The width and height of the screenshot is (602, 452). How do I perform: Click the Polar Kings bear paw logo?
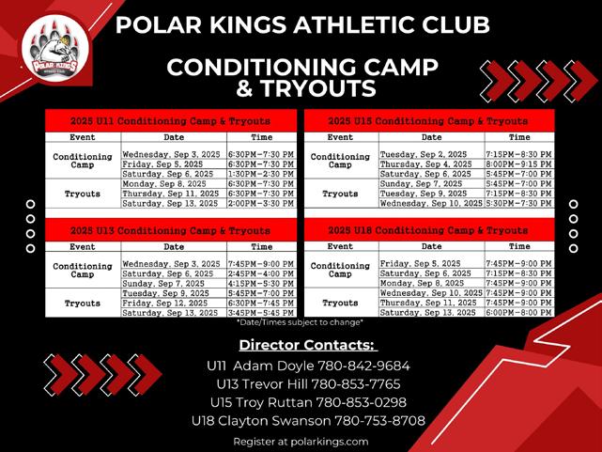coord(55,49)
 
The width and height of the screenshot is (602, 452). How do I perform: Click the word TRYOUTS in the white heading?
coord(318,88)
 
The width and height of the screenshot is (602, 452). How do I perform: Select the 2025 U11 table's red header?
coord(171,121)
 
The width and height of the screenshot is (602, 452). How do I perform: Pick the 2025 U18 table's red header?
coord(429,230)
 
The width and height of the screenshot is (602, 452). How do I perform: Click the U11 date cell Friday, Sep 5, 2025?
coord(162,164)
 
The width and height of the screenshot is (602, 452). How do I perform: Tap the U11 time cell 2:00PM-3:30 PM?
coord(261,203)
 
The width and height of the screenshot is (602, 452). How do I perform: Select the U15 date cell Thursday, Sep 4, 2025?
coord(425,164)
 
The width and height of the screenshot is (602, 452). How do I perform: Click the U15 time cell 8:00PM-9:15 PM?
coord(518,164)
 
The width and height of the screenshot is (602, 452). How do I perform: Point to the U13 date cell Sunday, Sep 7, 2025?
coord(163,284)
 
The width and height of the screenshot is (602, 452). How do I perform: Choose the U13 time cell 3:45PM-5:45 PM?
coord(261,313)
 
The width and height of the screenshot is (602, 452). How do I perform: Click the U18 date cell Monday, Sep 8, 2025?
coord(422,284)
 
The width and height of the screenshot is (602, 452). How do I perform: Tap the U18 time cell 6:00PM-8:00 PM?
coord(518,313)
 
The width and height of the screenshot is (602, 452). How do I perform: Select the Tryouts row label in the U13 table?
coord(83,304)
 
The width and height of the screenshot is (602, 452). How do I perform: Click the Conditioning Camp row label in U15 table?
coord(340,161)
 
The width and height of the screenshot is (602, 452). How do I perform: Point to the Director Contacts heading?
coord(307,345)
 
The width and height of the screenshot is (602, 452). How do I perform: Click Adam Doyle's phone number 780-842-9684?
coord(363,366)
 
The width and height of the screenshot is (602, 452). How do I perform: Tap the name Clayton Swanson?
coord(274,421)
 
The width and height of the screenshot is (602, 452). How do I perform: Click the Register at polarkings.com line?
coord(301,442)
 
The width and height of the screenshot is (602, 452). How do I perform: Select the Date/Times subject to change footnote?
coord(300,322)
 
